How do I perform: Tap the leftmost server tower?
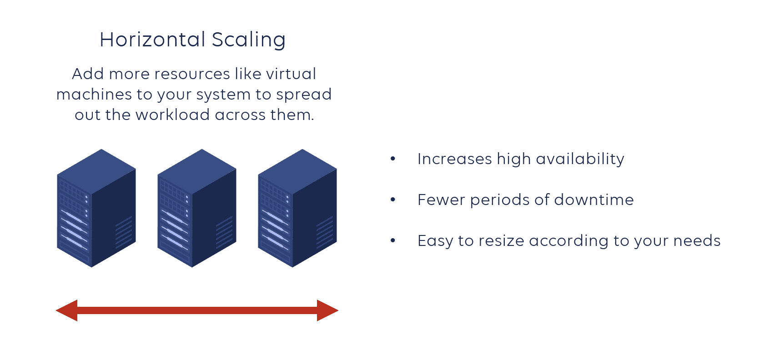tap(96, 208)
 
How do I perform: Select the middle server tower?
tap(197, 208)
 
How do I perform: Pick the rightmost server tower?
tap(297, 208)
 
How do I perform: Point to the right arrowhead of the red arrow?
tap(327, 310)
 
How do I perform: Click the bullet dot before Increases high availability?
tap(393, 159)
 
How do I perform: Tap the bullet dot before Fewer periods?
tap(393, 200)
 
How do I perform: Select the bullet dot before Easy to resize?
tap(393, 240)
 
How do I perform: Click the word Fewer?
tap(441, 200)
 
